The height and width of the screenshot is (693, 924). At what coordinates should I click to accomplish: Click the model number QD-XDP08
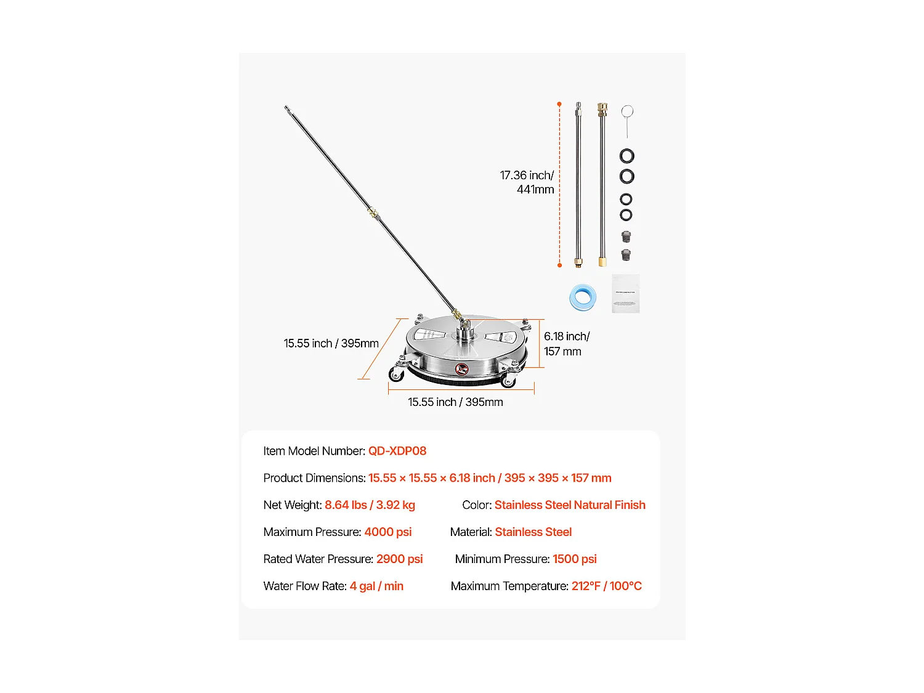point(397,451)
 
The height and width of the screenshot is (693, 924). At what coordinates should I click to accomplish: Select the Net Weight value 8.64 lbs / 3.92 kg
point(370,505)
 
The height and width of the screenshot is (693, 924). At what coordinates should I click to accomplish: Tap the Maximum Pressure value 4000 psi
point(387,532)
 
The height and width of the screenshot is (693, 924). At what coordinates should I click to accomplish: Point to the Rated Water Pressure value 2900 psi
point(399,559)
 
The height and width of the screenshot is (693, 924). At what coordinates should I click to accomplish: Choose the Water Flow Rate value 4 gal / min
point(376,586)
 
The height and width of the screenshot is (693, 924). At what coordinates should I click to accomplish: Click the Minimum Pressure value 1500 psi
point(574,559)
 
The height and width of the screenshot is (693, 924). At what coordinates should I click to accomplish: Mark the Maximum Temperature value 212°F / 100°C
point(606,586)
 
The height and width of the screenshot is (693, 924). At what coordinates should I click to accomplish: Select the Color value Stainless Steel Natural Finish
point(570,505)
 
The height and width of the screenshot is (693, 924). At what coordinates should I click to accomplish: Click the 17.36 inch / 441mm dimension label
point(527,182)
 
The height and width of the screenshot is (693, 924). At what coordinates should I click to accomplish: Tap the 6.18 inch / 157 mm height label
point(566,344)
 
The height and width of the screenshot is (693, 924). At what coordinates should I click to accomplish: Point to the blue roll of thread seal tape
point(583,298)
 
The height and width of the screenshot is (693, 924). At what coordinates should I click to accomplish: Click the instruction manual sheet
point(625,294)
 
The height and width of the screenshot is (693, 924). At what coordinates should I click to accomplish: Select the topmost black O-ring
point(626,156)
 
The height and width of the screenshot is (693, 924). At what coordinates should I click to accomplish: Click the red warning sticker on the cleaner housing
point(461,369)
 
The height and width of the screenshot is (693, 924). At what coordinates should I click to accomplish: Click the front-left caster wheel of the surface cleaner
point(396,373)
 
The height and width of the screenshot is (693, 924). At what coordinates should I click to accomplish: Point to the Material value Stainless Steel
point(533,532)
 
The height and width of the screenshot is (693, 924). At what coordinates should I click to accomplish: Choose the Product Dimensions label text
point(314,478)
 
